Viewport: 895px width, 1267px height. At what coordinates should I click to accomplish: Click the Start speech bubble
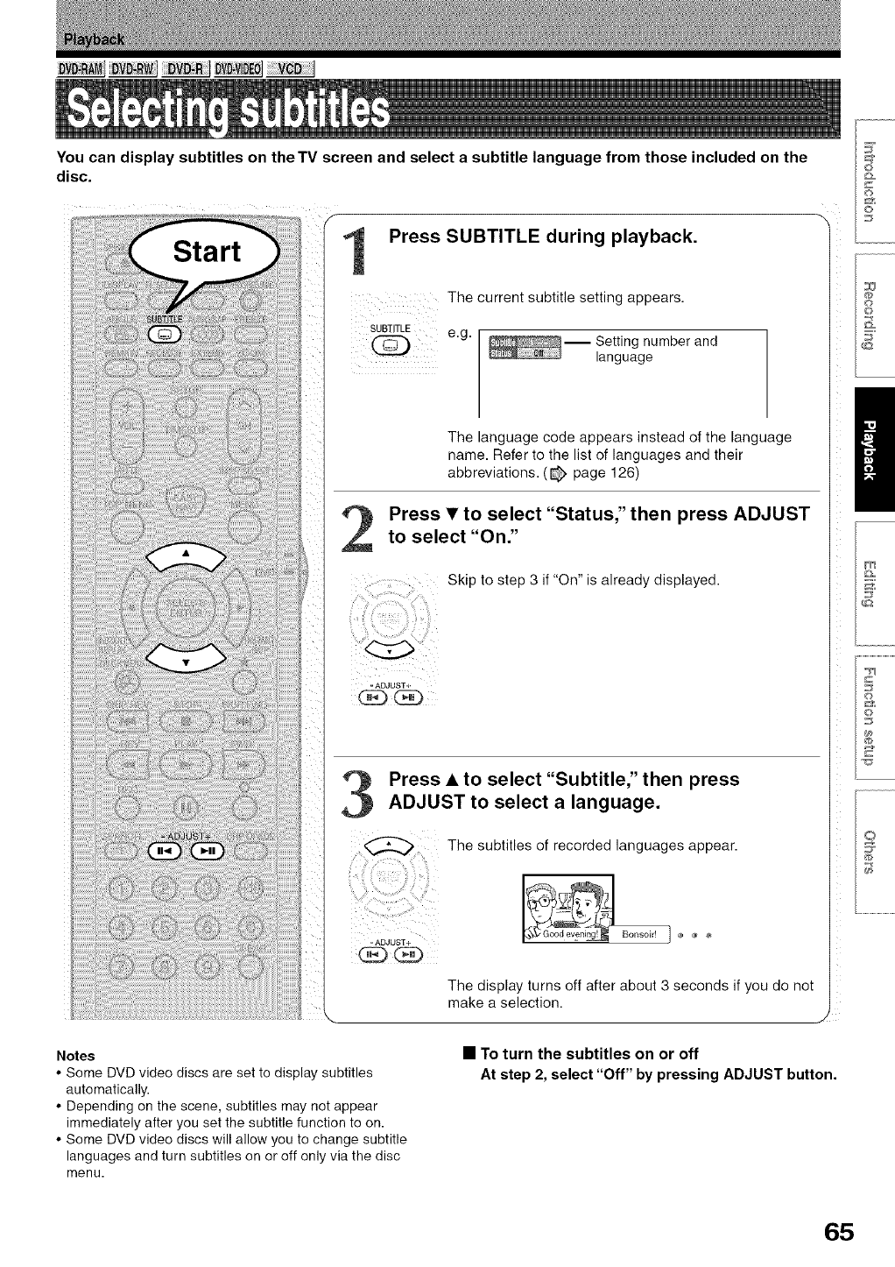coord(207,251)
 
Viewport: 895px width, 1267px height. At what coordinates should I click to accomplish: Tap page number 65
coord(837,1231)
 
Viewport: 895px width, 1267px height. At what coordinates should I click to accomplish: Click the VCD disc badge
coord(289,70)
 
